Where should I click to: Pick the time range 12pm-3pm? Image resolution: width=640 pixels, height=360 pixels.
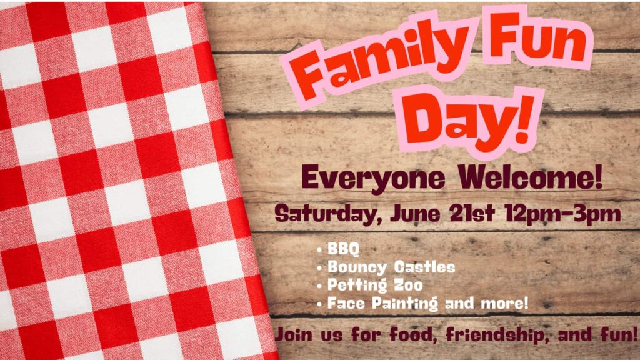click(x=563, y=214)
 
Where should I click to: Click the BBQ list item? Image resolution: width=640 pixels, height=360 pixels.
click(x=343, y=249)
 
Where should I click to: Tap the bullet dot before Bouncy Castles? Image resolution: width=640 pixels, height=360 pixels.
click(x=319, y=267)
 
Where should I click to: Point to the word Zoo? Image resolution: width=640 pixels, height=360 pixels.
click(x=407, y=285)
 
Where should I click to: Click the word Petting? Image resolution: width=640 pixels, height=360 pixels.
click(x=357, y=286)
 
